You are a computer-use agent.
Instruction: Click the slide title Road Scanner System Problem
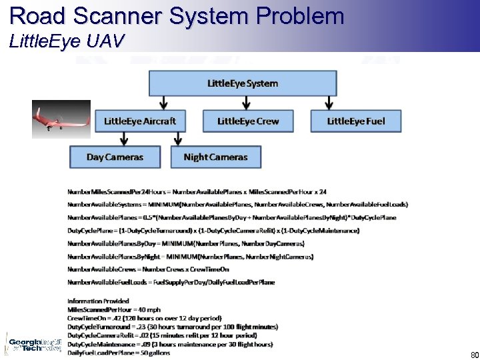click(x=177, y=15)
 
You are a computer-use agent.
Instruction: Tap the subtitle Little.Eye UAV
click(x=67, y=41)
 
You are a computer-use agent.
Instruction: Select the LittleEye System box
click(x=243, y=84)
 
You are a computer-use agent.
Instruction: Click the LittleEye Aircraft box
click(x=140, y=121)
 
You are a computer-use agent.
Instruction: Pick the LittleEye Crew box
click(x=248, y=121)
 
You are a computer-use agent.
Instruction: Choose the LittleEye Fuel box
click(x=356, y=121)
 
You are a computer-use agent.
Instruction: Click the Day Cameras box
click(x=115, y=157)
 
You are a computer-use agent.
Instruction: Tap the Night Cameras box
click(x=215, y=157)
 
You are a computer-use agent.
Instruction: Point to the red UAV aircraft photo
click(x=61, y=119)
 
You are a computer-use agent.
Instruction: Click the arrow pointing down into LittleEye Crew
click(x=247, y=103)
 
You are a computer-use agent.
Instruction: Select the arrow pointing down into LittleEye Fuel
click(x=329, y=103)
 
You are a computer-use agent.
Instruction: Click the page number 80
click(x=474, y=355)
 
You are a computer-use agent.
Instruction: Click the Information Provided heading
click(x=98, y=301)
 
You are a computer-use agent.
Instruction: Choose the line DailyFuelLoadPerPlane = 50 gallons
click(x=119, y=353)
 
